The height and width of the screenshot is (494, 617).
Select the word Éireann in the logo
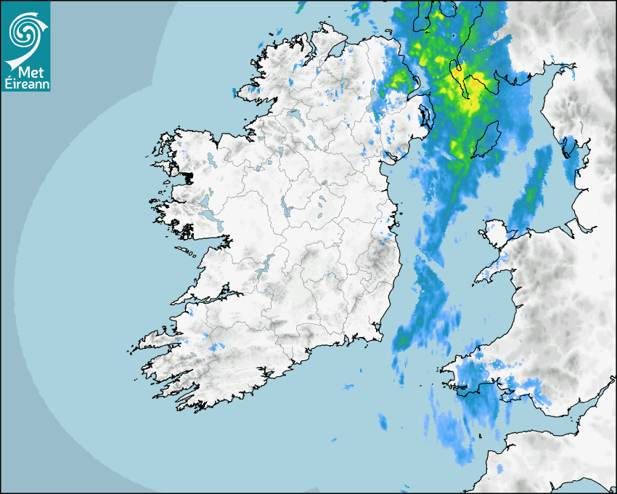25,85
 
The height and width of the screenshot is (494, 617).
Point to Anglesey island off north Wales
495,235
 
